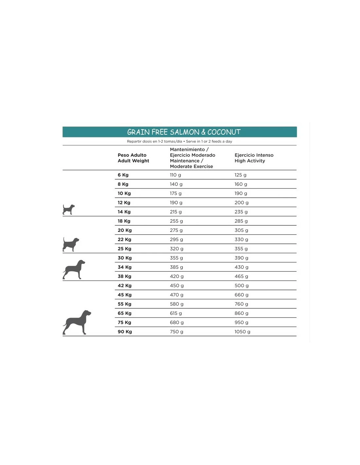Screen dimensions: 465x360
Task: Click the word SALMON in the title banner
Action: click(x=185, y=132)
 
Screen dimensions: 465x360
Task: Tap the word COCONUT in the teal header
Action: click(x=224, y=132)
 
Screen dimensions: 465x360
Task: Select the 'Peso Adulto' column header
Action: click(x=132, y=155)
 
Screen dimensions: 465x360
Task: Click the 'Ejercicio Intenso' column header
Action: click(x=254, y=155)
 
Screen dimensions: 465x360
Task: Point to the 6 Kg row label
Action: click(x=123, y=175)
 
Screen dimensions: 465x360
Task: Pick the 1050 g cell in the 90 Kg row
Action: click(x=242, y=332)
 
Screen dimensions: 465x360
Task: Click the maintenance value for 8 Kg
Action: click(x=176, y=184)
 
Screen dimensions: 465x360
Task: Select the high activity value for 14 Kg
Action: click(x=241, y=212)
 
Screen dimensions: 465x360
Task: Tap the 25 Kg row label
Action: click(x=124, y=249)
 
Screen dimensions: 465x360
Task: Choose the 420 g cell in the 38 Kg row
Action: click(x=177, y=276)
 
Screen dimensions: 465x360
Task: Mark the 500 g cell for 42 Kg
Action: click(x=242, y=285)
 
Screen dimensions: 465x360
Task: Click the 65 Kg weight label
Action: click(x=124, y=313)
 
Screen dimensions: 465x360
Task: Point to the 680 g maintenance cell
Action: click(x=177, y=322)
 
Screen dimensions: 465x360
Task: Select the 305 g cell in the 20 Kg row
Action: click(x=241, y=230)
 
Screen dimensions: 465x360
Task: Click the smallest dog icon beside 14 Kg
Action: click(x=68, y=209)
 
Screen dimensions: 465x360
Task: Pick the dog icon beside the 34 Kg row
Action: click(x=74, y=269)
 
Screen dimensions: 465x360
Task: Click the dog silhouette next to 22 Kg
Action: click(x=71, y=244)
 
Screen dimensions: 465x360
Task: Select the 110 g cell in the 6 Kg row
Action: click(x=175, y=175)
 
